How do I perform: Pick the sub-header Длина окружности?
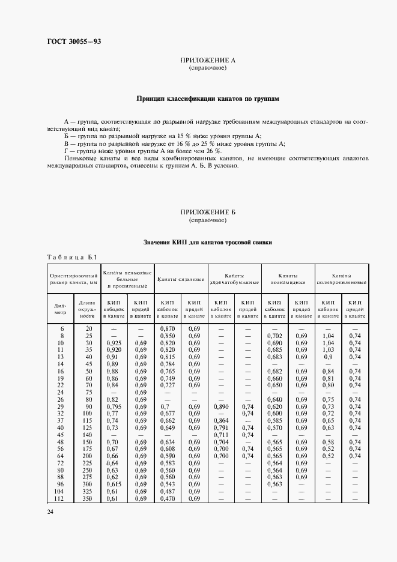click(x=88, y=308)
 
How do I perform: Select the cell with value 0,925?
click(x=114, y=342)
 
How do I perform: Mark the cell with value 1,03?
click(x=328, y=349)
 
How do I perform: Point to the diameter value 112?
click(x=61, y=498)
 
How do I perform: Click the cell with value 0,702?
click(x=274, y=335)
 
